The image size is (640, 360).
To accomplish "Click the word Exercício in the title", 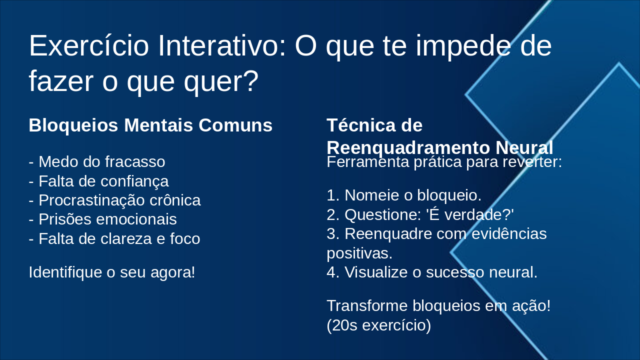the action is pos(89,45).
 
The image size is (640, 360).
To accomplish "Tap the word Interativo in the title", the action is pos(221,45).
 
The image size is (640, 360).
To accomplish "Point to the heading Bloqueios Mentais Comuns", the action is pos(150,125).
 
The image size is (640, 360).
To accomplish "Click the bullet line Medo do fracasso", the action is pos(97,161).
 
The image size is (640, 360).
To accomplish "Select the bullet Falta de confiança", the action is pos(99,181).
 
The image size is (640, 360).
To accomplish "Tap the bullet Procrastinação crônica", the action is pos(115,200).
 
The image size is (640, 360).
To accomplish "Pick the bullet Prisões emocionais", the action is pos(103,219).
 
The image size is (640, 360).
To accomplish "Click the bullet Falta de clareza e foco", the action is pos(114,238).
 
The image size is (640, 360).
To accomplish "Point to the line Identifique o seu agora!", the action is pos(112,272).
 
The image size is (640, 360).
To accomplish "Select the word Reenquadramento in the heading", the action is pos(408,147).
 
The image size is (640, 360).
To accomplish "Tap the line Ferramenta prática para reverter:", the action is pos(444,161).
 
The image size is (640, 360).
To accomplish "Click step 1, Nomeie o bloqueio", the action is pos(404,195).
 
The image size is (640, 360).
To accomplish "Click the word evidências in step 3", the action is pos(509,233).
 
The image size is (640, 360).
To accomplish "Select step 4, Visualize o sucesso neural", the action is pos(432,272).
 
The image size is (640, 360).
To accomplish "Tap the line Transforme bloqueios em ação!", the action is pos(438,305).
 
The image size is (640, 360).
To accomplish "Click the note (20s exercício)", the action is pos(379,325).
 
